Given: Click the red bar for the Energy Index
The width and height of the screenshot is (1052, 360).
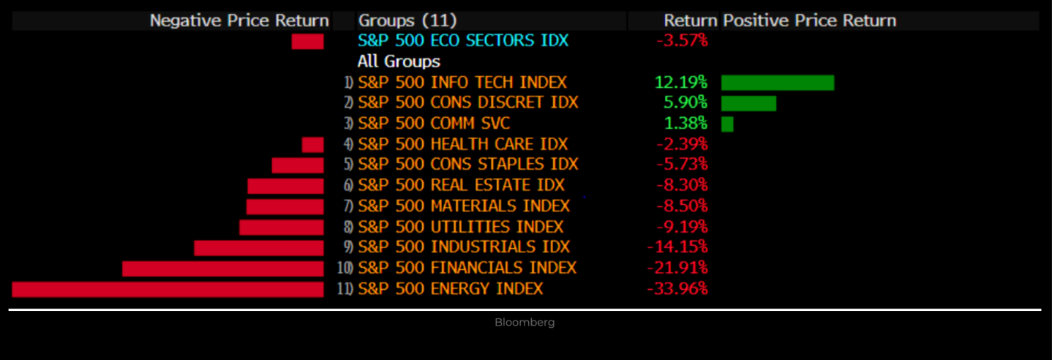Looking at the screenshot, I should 168,289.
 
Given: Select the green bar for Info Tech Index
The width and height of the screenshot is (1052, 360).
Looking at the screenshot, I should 778,83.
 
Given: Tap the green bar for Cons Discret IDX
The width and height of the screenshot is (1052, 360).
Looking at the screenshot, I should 748,103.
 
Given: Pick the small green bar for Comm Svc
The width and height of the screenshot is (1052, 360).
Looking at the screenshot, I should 727,124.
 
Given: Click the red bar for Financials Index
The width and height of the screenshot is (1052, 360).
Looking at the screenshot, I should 222,269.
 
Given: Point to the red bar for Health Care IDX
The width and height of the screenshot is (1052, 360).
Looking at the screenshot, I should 312,145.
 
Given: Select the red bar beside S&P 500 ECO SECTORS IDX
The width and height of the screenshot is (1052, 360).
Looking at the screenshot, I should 307,42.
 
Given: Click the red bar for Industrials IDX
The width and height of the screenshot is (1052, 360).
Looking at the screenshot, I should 258,248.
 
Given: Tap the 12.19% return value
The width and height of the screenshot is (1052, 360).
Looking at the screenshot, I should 680,83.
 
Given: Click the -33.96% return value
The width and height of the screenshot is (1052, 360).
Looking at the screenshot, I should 677,289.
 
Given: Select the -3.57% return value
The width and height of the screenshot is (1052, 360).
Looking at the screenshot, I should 682,41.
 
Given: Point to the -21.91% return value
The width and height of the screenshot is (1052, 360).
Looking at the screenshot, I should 677,269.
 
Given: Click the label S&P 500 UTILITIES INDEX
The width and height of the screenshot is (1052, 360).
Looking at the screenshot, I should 461,227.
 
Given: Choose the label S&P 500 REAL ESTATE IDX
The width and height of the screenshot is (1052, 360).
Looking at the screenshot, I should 462,186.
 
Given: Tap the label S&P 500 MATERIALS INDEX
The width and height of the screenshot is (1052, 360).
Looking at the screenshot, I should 464,206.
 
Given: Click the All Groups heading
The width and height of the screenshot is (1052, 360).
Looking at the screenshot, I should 399,61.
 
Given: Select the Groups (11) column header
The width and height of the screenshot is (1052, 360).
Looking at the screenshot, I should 407,20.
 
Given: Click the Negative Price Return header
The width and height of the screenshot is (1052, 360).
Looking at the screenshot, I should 239,20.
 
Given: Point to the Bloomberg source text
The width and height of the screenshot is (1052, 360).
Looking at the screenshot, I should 525,322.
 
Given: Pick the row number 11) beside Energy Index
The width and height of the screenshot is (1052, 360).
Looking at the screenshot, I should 345,289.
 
